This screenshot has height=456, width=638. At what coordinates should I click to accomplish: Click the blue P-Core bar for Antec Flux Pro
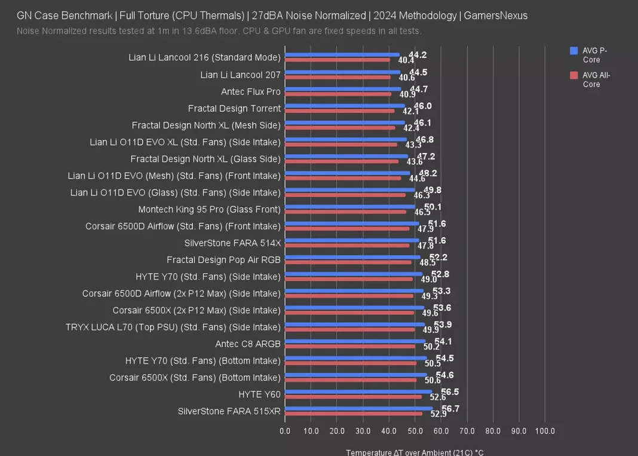[343, 88]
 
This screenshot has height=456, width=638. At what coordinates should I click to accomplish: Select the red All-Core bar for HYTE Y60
[353, 397]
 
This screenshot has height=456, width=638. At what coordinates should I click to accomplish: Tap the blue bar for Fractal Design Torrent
[345, 105]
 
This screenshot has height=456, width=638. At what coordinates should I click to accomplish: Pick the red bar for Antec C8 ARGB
[350, 347]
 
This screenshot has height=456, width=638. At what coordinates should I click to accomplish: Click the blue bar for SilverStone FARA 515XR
[358, 409]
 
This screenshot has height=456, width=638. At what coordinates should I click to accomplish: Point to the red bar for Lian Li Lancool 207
[338, 77]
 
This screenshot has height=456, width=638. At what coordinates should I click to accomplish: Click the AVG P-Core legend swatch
[574, 51]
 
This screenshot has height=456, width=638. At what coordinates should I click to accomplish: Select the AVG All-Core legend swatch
[574, 75]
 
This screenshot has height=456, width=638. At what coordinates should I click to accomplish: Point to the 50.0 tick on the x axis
[415, 431]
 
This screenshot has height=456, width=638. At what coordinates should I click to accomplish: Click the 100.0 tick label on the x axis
[544, 431]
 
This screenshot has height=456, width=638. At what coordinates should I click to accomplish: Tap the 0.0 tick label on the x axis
[285, 431]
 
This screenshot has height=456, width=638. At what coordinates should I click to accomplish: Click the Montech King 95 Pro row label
[209, 209]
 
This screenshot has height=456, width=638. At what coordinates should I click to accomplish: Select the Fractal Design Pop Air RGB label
[223, 260]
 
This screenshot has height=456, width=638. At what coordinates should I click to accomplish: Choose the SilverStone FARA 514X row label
[232, 243]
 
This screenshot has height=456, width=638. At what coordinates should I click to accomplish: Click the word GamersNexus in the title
[495, 16]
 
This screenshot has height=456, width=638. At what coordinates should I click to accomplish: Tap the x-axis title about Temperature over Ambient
[415, 452]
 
